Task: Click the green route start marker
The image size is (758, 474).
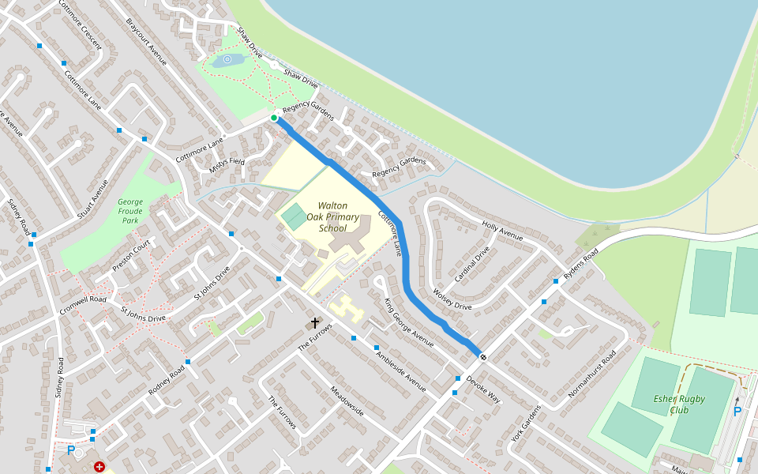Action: [274, 118]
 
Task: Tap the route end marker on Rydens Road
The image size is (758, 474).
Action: [483, 357]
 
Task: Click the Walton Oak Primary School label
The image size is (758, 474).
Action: [332, 217]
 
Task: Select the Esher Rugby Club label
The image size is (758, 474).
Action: [678, 404]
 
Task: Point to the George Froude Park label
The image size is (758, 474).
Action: [130, 212]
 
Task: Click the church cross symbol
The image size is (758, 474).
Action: [315, 322]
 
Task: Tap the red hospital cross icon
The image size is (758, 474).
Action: [99, 467]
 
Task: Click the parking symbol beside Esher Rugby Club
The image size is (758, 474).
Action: [737, 412]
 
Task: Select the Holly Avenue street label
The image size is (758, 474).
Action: [503, 231]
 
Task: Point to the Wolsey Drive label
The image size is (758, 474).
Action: [452, 301]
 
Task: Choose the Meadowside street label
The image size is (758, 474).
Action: [347, 401]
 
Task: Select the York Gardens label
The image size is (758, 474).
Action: [527, 424]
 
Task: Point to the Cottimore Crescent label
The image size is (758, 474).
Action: [80, 24]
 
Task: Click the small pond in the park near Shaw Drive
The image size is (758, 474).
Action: [227, 59]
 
